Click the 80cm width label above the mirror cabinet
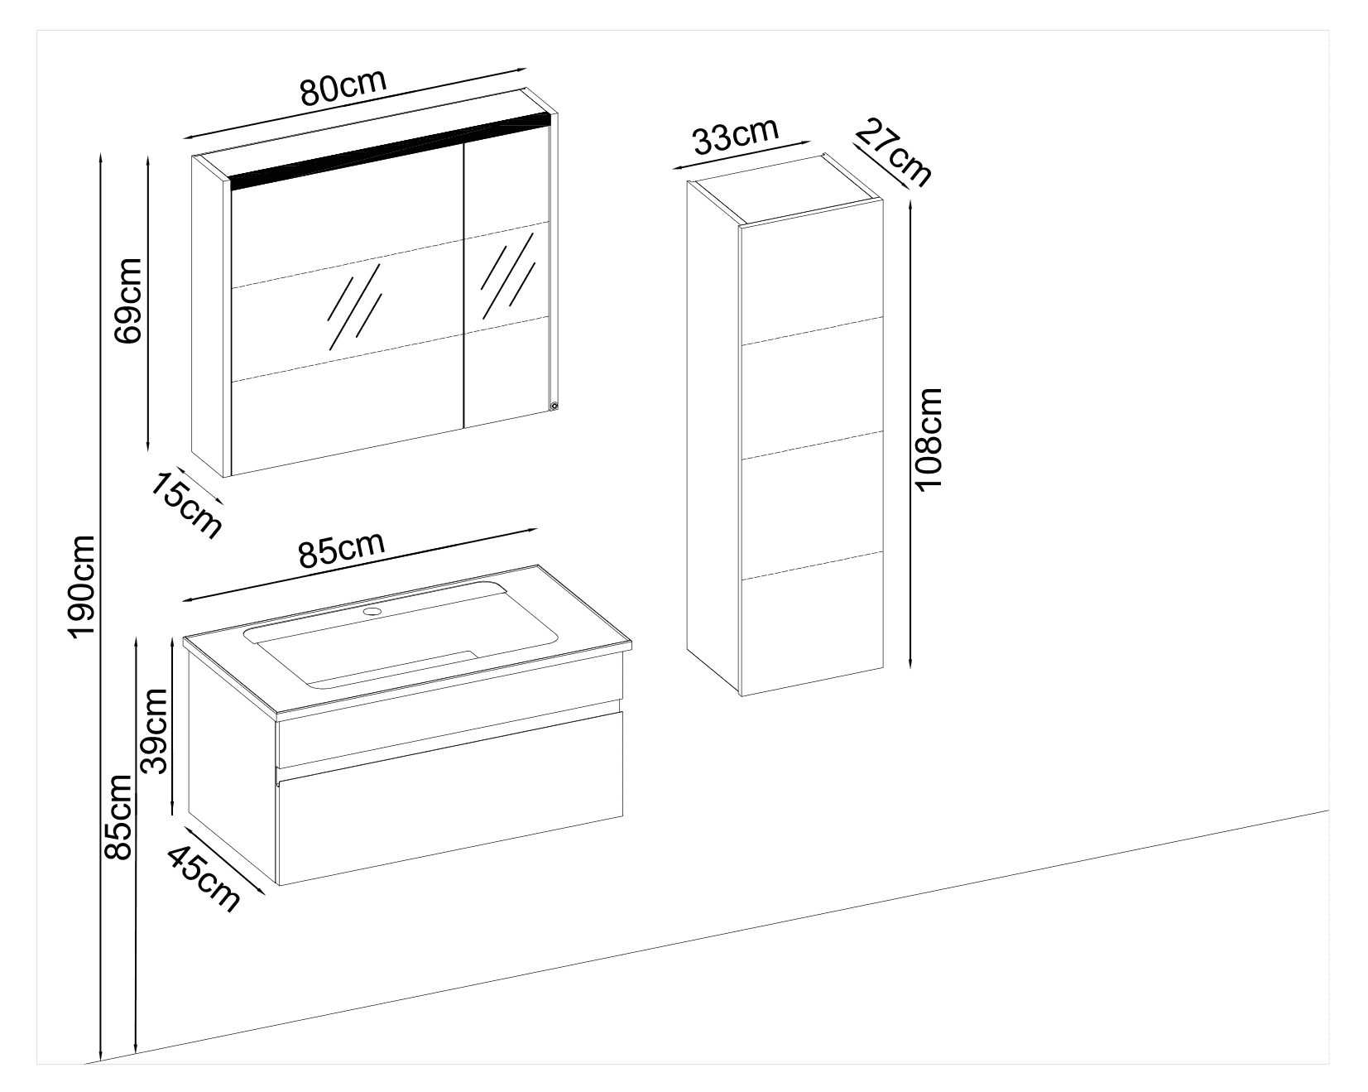click(x=343, y=87)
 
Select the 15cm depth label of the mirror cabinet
click(x=186, y=504)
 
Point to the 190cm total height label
click(x=82, y=585)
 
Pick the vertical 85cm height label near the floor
click(x=118, y=817)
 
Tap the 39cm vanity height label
click(x=155, y=730)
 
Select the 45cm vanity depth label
click(x=204, y=877)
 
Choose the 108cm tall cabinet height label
click(x=929, y=438)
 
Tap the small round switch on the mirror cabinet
click(x=554, y=406)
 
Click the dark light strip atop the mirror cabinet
click(x=389, y=153)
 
